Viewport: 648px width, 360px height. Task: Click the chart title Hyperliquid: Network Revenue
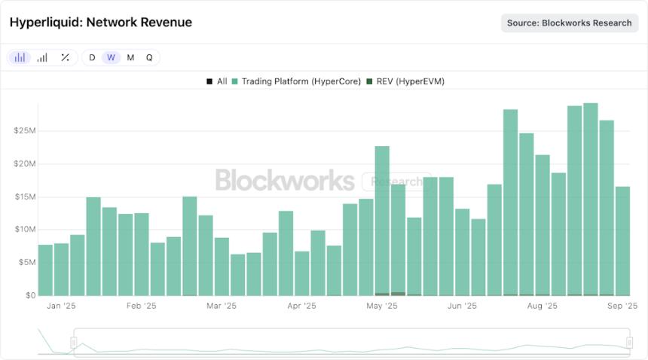tap(100, 23)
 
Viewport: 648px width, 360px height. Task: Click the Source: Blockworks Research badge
tap(569, 23)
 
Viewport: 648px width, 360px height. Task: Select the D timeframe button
tap(92, 57)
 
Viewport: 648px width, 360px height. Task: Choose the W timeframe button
tap(111, 57)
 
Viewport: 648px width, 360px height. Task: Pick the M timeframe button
tap(130, 57)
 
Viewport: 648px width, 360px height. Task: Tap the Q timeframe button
tap(149, 57)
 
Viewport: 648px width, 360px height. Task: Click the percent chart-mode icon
tap(65, 57)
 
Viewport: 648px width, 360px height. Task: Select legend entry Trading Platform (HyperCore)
tap(296, 81)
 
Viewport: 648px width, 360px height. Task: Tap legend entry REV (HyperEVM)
tap(405, 81)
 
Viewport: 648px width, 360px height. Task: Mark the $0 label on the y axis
tap(28, 295)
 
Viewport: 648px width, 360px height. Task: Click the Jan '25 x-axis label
tap(61, 307)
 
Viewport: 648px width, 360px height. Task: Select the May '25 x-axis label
tap(382, 307)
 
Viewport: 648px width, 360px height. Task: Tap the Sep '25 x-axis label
tap(622, 307)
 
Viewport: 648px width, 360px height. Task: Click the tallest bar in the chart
tap(590, 200)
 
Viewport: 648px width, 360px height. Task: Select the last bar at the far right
tap(622, 241)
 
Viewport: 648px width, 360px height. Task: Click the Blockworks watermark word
tap(285, 181)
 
